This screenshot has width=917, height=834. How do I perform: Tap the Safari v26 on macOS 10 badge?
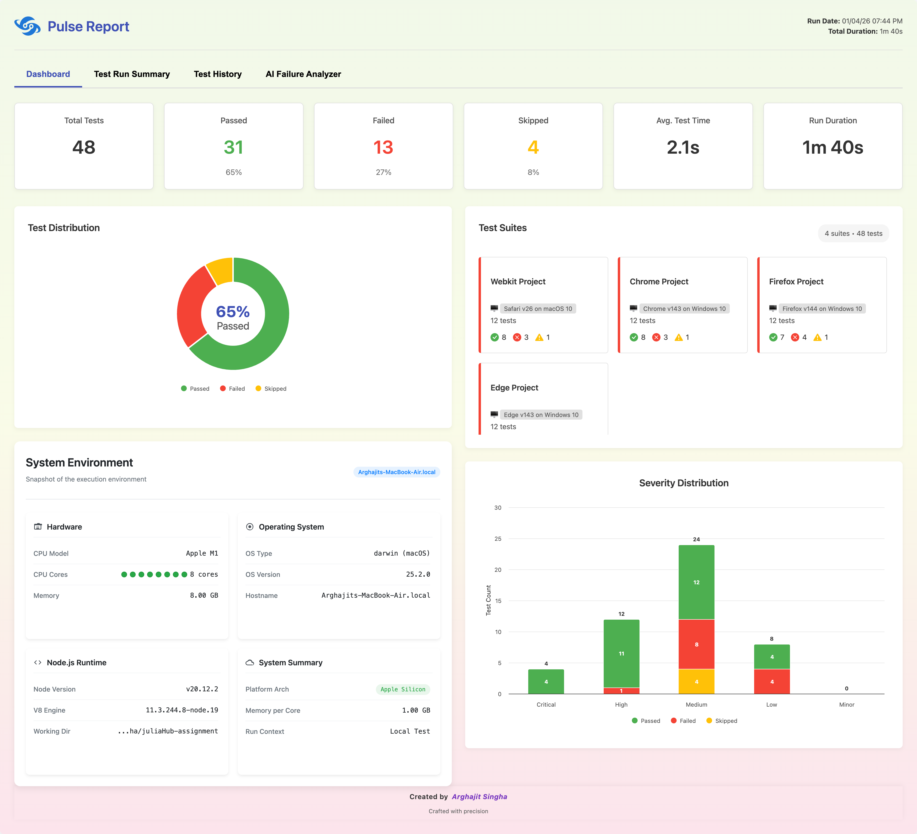click(x=538, y=309)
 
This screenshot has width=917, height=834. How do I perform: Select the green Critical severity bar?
click(x=546, y=682)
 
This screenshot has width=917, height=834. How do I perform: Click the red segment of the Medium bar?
click(x=696, y=644)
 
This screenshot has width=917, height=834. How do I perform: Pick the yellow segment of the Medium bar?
click(x=696, y=682)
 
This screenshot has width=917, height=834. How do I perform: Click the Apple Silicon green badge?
click(x=403, y=689)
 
